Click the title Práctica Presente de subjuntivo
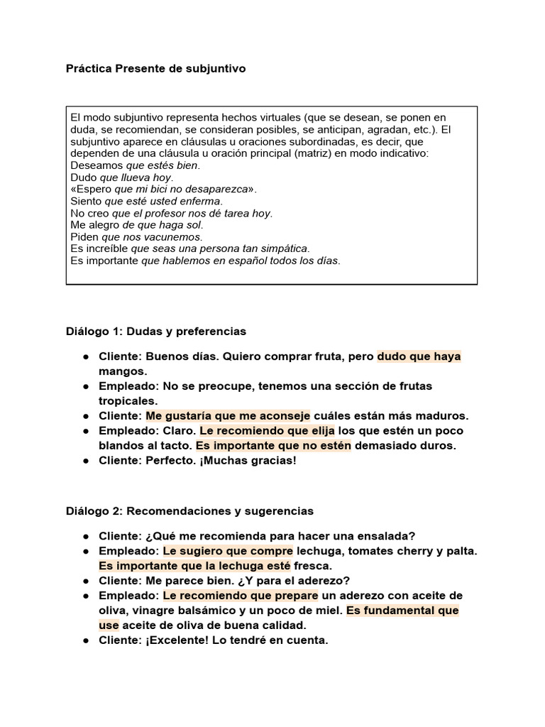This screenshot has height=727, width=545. pos(155,69)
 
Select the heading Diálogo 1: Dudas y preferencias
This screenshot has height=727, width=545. pos(155,331)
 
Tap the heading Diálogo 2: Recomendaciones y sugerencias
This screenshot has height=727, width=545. pos(189,510)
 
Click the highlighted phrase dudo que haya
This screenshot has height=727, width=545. pos(419,356)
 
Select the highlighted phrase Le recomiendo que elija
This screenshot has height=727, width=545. pos(268,431)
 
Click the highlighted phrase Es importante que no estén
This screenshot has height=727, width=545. pos(273,446)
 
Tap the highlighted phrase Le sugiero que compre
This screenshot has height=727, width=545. pos(228,550)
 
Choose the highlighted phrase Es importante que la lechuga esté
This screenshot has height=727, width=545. pos(194,565)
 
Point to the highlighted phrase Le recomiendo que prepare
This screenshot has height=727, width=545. pos(240,595)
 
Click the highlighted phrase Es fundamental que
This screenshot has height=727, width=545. pos(402,610)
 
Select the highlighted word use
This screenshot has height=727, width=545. pos(109,625)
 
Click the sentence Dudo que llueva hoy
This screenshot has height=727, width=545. pos(122,177)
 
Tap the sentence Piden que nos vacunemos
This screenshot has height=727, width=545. pos(137,236)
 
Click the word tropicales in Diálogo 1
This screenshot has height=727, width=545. pos(128,401)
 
